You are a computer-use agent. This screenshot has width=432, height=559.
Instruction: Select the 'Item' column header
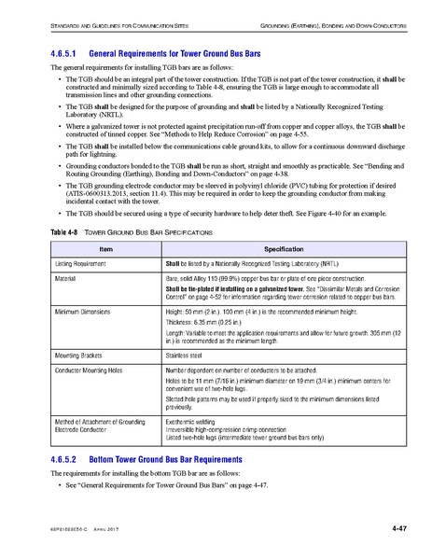click(x=105, y=250)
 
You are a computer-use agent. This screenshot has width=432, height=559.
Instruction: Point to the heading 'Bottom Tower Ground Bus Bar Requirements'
click(x=174, y=459)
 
